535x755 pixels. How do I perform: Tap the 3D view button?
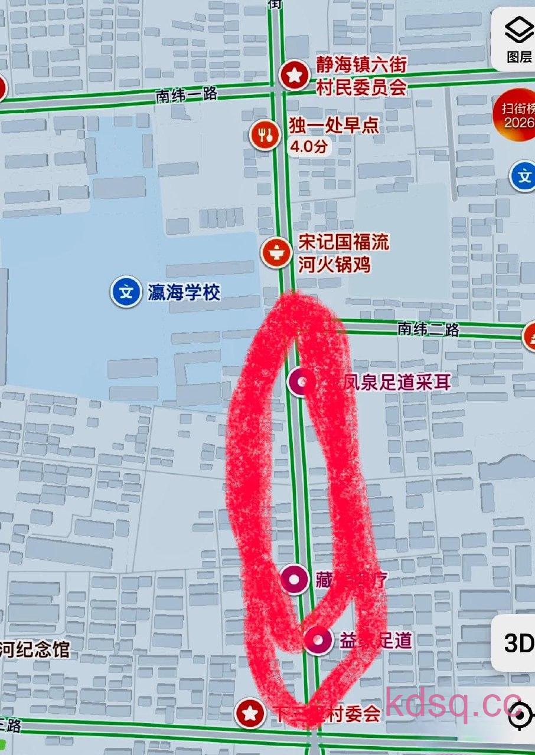click(x=518, y=644)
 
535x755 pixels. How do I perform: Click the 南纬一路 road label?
click(x=187, y=94)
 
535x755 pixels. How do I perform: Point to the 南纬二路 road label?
click(x=428, y=329)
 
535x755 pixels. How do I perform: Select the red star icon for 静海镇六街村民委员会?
click(x=293, y=75)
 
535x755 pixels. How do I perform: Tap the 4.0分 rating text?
click(x=308, y=147)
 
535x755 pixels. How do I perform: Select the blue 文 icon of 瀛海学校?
click(x=125, y=292)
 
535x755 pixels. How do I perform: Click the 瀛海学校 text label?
click(x=184, y=292)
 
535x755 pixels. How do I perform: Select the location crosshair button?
click(x=520, y=716)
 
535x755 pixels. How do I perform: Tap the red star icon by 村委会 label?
click(x=250, y=714)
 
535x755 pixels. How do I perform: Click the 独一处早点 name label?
click(x=334, y=126)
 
